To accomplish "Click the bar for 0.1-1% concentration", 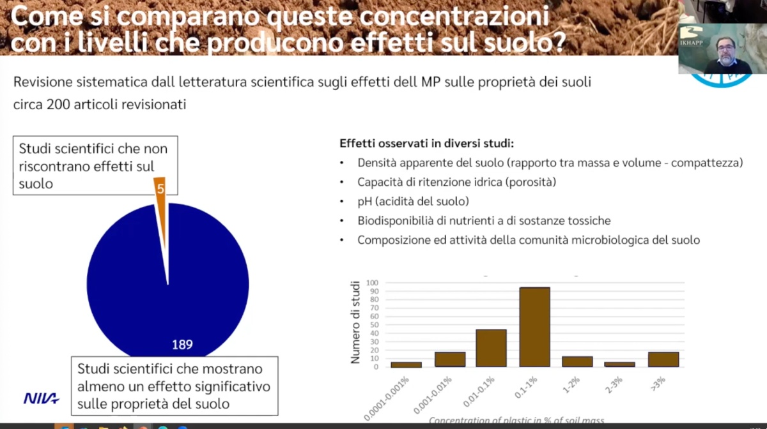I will [534, 327].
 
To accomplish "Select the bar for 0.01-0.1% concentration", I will [491, 348].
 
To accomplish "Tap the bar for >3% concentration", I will [663, 359].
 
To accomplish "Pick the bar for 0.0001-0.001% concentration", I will [406, 365].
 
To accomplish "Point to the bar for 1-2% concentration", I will [577, 361].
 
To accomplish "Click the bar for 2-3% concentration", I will [620, 365].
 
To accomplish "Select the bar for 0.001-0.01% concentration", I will [449, 359].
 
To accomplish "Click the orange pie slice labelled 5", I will [161, 198].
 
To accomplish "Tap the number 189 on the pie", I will [182, 345].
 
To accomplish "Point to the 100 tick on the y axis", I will [373, 283].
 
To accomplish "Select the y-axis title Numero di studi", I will [355, 322].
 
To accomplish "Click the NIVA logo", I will [42, 398].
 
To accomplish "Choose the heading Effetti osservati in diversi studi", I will [426, 143].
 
